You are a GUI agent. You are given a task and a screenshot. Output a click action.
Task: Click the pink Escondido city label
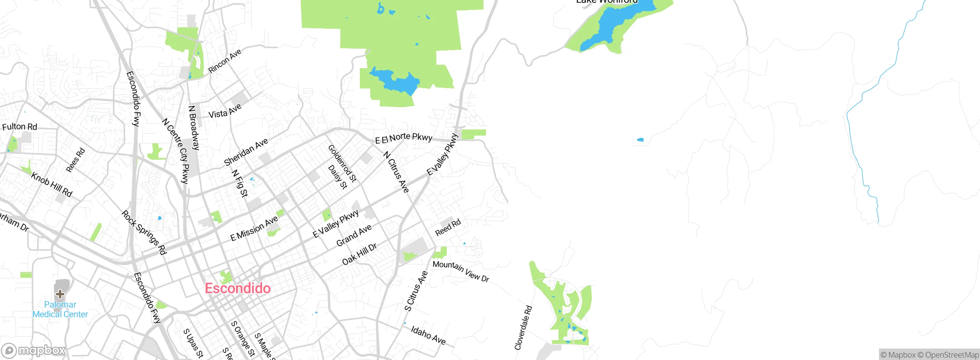pos(238,288)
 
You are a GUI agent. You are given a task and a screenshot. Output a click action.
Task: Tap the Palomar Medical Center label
pos(60,309)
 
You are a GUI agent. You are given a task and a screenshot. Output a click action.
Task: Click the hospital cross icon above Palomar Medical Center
pos(60,294)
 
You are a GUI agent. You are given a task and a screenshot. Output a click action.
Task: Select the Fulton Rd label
pos(20,127)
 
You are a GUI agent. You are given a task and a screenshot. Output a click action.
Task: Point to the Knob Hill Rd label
pos(52,184)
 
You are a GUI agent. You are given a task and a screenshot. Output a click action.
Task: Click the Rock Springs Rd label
pos(144,232)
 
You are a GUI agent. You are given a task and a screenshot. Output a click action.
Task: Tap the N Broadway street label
pos(194,128)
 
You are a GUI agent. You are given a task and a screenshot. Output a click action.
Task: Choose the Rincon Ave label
pos(225,61)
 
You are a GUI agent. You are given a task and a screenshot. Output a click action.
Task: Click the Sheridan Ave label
pos(246,152)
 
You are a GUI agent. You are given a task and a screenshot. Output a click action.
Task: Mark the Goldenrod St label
pos(342,163)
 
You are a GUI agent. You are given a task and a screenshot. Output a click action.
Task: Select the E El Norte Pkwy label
pos(403,138)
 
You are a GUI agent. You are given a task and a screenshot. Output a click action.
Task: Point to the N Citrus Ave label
pos(396,172)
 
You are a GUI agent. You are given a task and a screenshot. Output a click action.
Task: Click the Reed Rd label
pos(448,228)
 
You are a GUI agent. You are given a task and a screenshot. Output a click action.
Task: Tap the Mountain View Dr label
pos(461,271)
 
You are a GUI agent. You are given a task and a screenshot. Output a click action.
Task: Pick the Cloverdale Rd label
pos(523,327)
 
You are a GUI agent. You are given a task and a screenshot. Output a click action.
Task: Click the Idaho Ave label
pos(428,335)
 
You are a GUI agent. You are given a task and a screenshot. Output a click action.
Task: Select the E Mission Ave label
pos(254,228)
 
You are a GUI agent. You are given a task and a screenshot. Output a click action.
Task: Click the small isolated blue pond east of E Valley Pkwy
pos(640,140)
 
